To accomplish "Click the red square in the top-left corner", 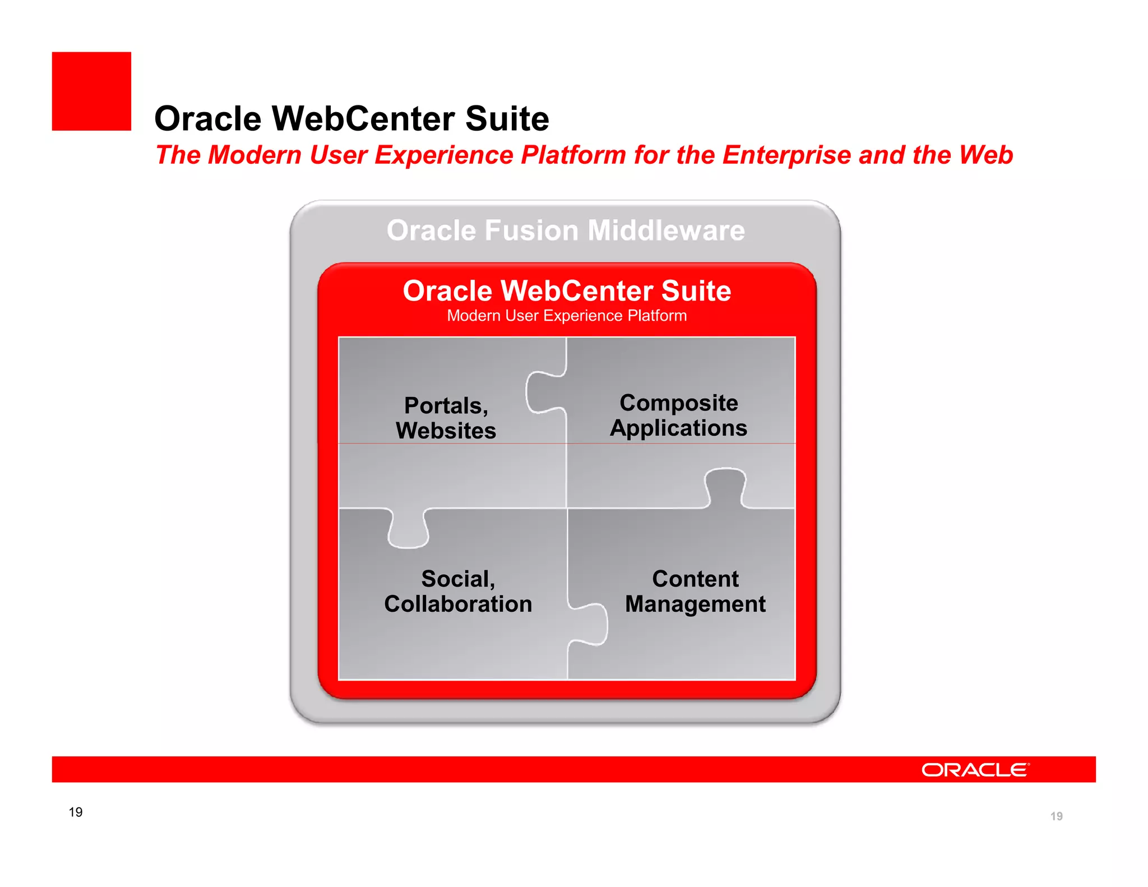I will point(91,91).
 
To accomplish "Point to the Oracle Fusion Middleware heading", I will point(566,230).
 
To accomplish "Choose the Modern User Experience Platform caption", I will point(567,316).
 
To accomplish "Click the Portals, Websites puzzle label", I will point(446,418).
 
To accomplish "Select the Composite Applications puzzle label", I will point(678,415).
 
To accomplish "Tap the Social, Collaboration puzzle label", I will point(458,591).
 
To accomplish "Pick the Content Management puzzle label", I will point(695,591).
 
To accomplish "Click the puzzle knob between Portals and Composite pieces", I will point(544,392).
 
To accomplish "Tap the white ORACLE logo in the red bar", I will point(975,770).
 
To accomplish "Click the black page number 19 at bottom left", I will point(76,812).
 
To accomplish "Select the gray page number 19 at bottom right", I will point(1056,816).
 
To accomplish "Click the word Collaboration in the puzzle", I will point(458,604).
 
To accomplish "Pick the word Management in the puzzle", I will point(695,604).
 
